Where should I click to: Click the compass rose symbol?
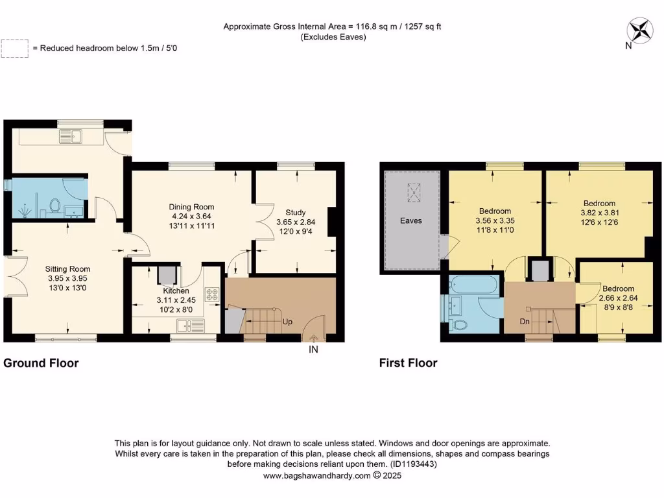(x=641, y=30)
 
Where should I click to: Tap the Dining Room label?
(x=188, y=206)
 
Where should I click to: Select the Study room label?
(x=295, y=212)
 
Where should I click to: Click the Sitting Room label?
(x=67, y=269)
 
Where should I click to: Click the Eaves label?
(x=411, y=221)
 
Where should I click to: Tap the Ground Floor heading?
(x=41, y=363)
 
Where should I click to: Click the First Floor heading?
(x=408, y=363)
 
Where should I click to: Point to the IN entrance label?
(x=314, y=350)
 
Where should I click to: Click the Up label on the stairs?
(x=287, y=321)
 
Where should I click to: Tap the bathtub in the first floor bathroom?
(x=473, y=284)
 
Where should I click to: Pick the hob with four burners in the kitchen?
(x=211, y=294)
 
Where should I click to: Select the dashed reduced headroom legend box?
(x=15, y=49)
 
